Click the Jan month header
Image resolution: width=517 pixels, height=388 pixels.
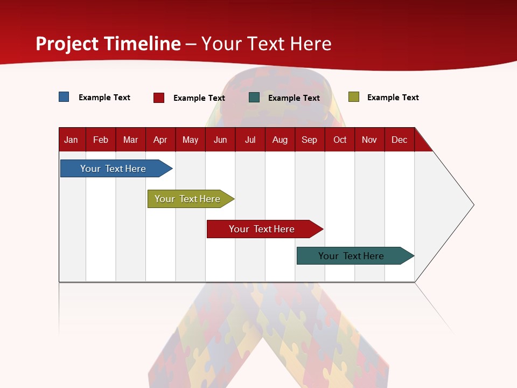pyautogui.click(x=71, y=140)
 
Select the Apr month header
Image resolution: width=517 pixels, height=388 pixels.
pyautogui.click(x=160, y=140)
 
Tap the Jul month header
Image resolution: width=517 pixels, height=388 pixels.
pyautogui.click(x=250, y=140)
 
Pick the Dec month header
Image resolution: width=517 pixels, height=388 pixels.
pyautogui.click(x=399, y=140)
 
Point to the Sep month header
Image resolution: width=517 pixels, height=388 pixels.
pyautogui.click(x=309, y=140)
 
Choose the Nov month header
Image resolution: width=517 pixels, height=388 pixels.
pyautogui.click(x=369, y=140)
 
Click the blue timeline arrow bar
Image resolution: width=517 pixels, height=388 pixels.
pyautogui.click(x=114, y=169)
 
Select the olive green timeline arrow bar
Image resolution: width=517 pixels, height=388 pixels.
pyautogui.click(x=188, y=199)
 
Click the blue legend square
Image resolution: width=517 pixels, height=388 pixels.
pyautogui.click(x=64, y=97)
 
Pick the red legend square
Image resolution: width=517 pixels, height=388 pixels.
pyautogui.click(x=159, y=98)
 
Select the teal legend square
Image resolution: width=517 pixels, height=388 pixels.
pyautogui.click(x=254, y=98)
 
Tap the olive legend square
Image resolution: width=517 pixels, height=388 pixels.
pyautogui.click(x=354, y=97)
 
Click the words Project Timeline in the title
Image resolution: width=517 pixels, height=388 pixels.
pyautogui.click(x=108, y=44)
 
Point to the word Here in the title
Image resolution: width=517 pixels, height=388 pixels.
pyautogui.click(x=311, y=44)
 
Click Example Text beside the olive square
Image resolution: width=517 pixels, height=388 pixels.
pyautogui.click(x=393, y=98)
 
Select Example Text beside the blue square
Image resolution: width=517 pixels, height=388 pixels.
pyautogui.click(x=104, y=98)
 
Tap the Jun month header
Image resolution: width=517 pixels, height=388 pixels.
pyautogui.click(x=220, y=140)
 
